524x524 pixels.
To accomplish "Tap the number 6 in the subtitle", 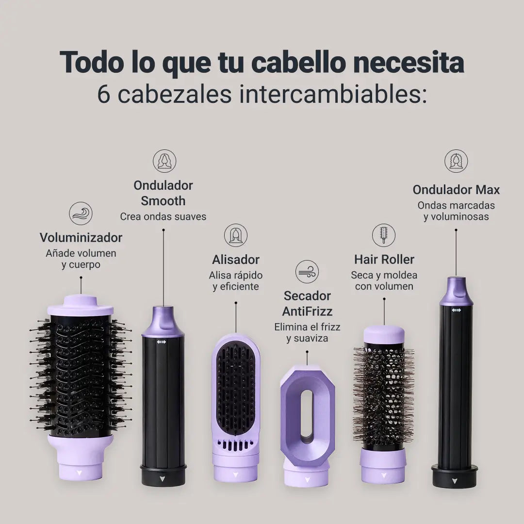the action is click(104, 94).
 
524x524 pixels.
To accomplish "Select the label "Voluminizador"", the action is click(81, 238).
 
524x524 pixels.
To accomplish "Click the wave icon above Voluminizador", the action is click(81, 213).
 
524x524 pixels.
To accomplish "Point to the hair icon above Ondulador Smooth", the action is click(164, 161).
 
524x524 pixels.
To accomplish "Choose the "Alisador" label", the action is click(236, 260).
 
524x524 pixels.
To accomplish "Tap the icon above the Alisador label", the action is click(236, 235).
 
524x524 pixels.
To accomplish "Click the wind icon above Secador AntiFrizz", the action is click(307, 272).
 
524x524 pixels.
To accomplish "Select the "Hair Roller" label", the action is click(384, 259).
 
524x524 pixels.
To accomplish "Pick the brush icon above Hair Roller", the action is click(384, 235).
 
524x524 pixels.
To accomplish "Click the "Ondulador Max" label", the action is click(456, 190).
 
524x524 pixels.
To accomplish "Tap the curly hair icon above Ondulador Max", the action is click(456, 161).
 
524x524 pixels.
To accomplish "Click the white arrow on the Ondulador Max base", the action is click(454, 481).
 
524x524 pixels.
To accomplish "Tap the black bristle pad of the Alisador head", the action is click(236, 388).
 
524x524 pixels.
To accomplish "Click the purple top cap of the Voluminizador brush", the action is click(81, 305).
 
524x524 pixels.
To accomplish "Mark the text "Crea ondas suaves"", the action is click(163, 216).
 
